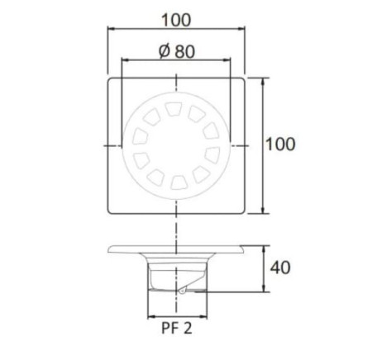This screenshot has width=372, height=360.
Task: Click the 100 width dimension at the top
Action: (x=176, y=17)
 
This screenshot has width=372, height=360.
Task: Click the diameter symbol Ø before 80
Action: (x=163, y=50)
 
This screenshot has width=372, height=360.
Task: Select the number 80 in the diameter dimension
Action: (x=184, y=50)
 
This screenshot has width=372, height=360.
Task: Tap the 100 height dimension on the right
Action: (x=280, y=144)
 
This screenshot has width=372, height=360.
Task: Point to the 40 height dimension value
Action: (x=280, y=268)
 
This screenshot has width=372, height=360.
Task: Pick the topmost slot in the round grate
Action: (x=175, y=108)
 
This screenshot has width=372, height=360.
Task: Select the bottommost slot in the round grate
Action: (x=176, y=180)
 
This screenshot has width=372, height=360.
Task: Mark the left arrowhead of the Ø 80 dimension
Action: (x=124, y=61)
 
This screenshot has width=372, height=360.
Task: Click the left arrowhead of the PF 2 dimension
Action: (x=149, y=315)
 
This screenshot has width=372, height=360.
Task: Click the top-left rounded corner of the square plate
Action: (x=111, y=80)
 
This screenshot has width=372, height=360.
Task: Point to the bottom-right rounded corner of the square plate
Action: (x=242, y=211)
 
